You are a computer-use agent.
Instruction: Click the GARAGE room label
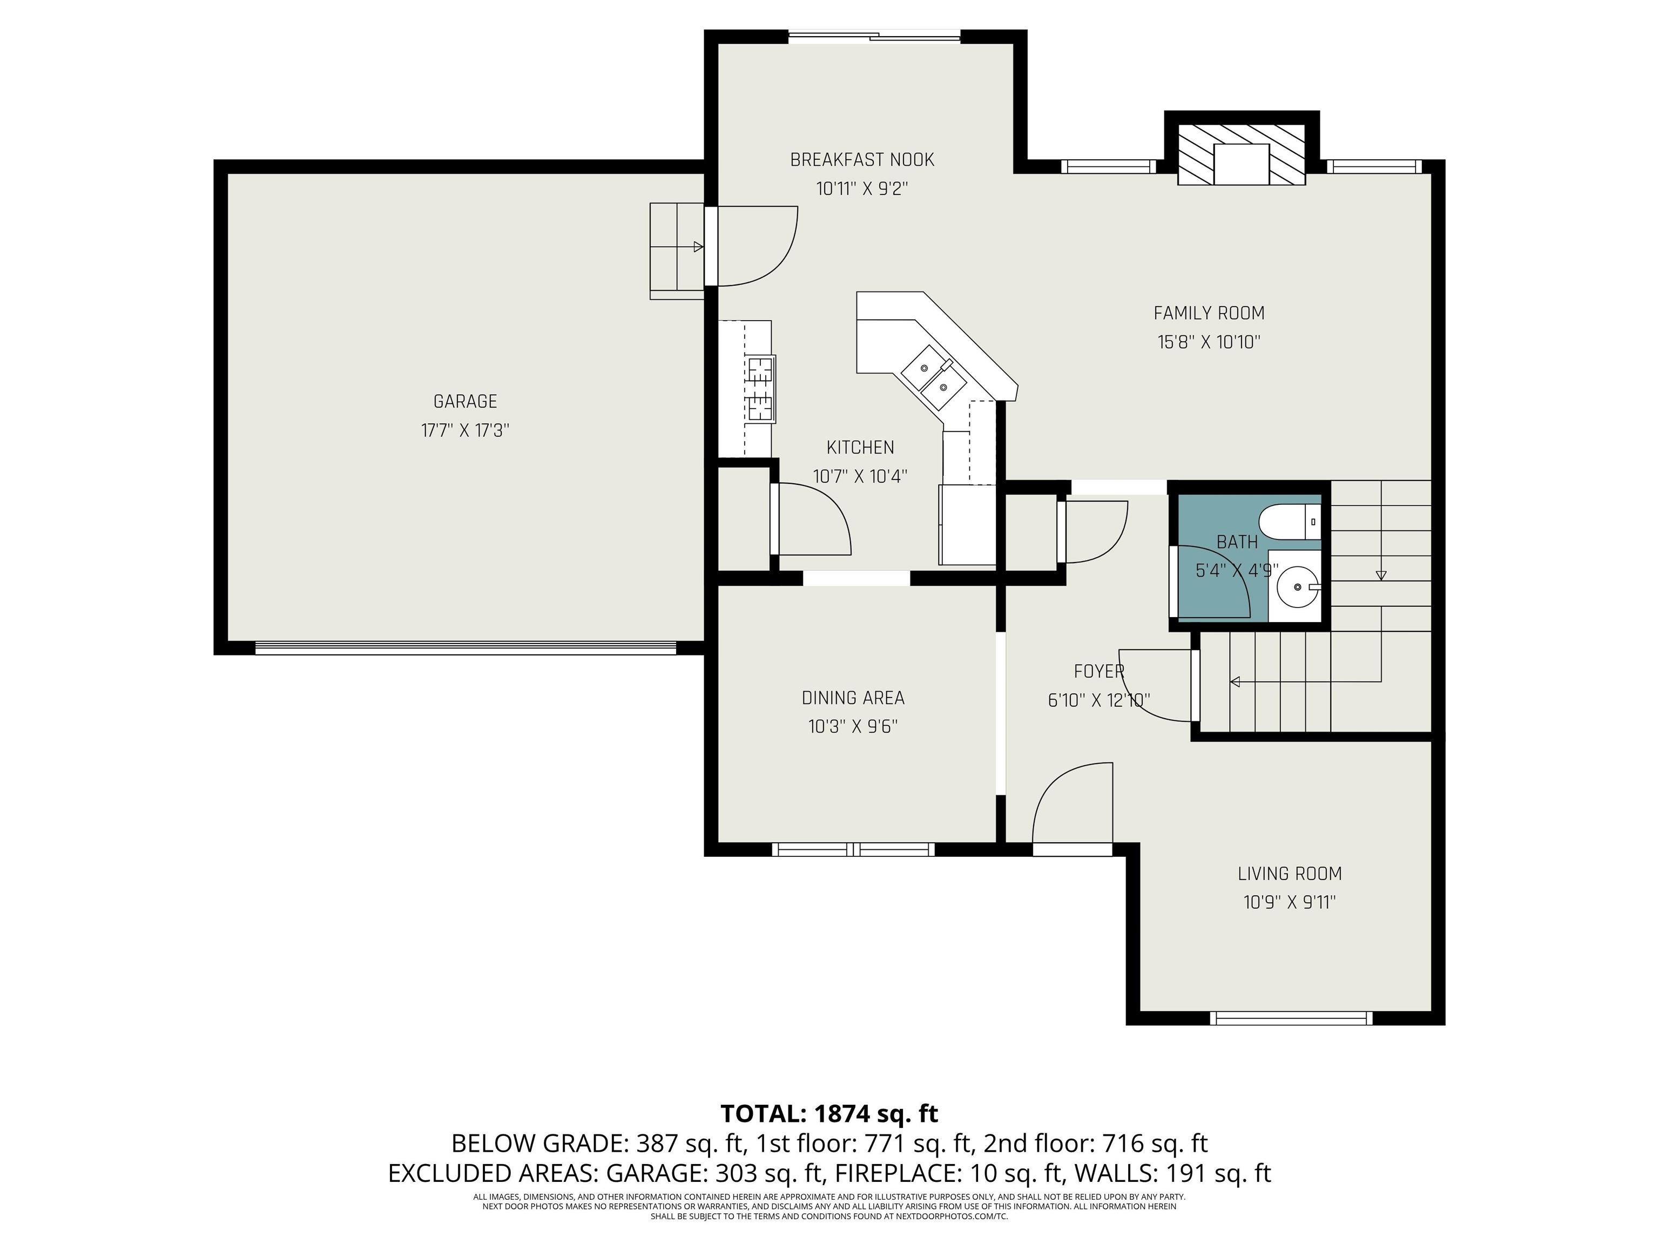pos(465,401)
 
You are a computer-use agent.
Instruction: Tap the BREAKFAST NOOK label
pos(862,160)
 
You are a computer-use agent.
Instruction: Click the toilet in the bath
pos(1289,522)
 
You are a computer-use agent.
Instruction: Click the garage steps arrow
pos(677,246)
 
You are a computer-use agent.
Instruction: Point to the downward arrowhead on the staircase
pos(1381,575)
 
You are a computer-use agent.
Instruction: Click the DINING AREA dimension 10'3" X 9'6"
pos(853,727)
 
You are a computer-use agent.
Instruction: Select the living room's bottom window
pos(1291,1018)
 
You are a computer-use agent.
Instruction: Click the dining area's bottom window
pos(853,849)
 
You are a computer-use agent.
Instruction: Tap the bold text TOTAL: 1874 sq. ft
pos(829,1113)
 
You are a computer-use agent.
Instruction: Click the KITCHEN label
pos(860,448)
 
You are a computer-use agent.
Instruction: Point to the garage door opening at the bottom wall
pos(466,648)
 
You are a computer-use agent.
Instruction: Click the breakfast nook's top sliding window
pos(874,36)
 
